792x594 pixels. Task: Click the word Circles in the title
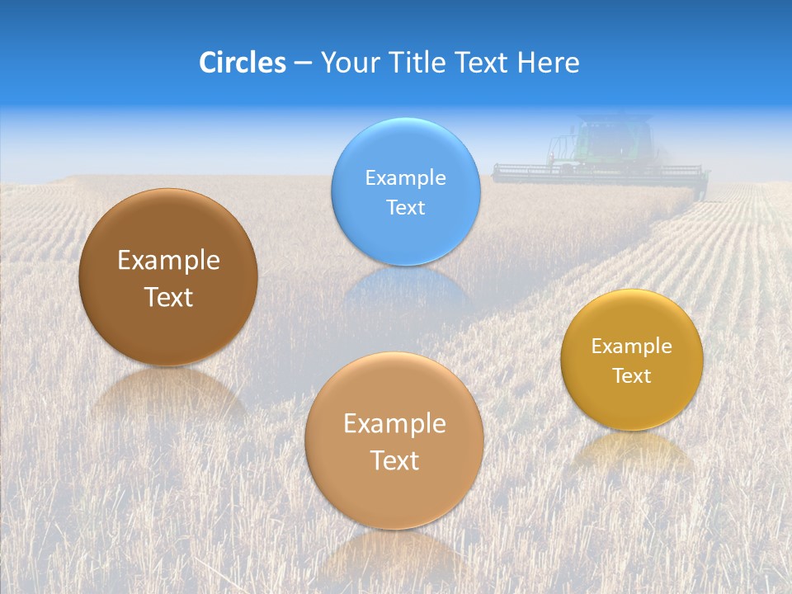(x=243, y=63)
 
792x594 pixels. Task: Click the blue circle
(x=406, y=231)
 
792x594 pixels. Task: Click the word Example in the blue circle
(x=406, y=178)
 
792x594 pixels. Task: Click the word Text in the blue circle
(x=406, y=207)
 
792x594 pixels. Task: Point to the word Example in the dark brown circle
(x=168, y=261)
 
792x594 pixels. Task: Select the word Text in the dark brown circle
(x=168, y=297)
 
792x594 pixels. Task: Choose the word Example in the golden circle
(x=632, y=346)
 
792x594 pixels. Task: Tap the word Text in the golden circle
(x=632, y=376)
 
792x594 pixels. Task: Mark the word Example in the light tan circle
(x=394, y=424)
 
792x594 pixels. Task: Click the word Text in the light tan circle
(x=394, y=460)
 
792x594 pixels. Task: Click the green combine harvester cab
(x=615, y=140)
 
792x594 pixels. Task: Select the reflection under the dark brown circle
(x=168, y=393)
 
